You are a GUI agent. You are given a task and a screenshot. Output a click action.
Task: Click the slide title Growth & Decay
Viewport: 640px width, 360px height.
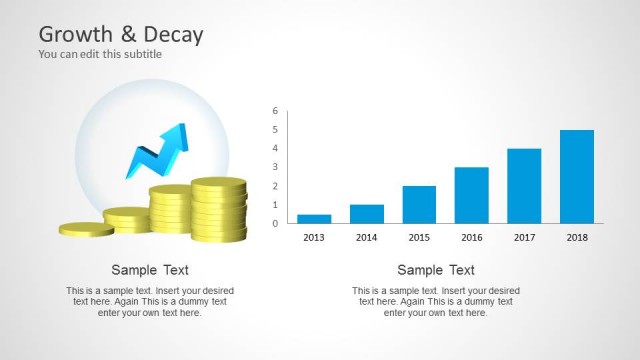(x=121, y=35)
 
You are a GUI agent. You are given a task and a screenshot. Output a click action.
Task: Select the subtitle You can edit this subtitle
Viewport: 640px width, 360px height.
(x=100, y=54)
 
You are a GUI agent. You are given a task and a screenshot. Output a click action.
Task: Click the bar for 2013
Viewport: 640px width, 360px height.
(x=314, y=218)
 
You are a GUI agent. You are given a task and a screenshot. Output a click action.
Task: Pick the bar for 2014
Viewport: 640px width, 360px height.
(x=367, y=213)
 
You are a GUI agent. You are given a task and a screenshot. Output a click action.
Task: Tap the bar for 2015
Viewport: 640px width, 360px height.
(x=419, y=204)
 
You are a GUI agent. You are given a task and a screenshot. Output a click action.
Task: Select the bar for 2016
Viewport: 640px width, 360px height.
(x=472, y=195)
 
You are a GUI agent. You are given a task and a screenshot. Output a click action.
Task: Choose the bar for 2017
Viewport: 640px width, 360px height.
(x=524, y=185)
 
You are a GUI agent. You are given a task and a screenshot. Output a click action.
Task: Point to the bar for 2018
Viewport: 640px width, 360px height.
(x=577, y=176)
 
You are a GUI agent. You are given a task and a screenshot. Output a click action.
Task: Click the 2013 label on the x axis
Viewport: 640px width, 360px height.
(x=314, y=237)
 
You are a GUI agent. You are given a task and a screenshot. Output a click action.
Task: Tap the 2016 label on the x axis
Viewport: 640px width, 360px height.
(x=472, y=237)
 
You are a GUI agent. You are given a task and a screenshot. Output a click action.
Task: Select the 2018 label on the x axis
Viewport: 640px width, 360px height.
(x=577, y=237)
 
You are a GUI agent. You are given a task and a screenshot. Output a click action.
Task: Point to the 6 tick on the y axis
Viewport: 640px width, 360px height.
(x=275, y=111)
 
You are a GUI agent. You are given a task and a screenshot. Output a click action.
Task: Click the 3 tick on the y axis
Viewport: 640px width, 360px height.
(x=275, y=167)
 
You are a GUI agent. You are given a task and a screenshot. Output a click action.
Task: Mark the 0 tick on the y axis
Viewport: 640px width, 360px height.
(x=275, y=223)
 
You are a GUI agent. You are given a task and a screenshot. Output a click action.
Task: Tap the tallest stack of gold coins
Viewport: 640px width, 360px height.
(x=219, y=209)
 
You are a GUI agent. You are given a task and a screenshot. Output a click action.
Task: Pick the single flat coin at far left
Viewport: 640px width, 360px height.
(x=86, y=229)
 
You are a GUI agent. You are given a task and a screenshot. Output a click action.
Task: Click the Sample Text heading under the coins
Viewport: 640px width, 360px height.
(x=150, y=270)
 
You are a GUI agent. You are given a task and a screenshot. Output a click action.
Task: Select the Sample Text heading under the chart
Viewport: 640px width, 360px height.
(x=436, y=270)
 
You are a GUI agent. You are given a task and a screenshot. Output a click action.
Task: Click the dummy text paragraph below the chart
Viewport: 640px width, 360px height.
(x=436, y=302)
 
